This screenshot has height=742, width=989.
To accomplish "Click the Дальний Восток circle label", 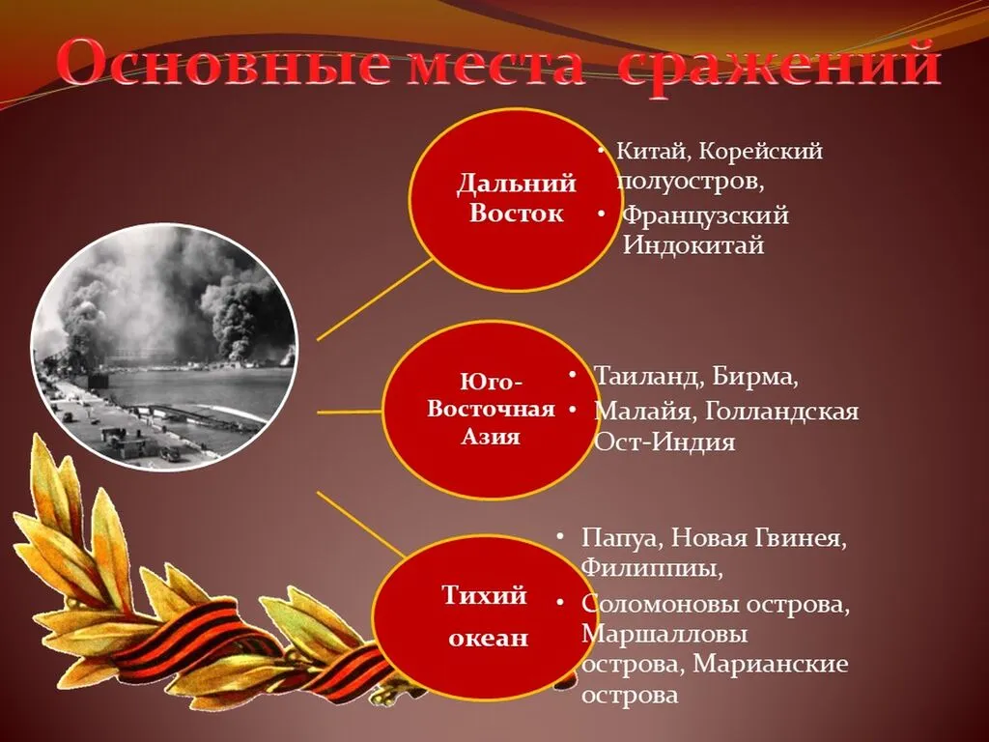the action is point(516,198).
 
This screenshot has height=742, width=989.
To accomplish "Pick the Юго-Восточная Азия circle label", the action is point(491,409).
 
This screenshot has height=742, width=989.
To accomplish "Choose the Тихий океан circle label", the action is point(486,615).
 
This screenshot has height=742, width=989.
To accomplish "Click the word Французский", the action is point(706,215).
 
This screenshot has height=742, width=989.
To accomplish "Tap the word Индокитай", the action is point(693,244).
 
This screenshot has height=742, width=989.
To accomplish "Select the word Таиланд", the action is point(649,377).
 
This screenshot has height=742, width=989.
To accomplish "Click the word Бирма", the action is point(755,377).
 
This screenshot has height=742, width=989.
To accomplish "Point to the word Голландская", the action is point(781,412).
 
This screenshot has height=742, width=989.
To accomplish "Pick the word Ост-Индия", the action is point(664,442).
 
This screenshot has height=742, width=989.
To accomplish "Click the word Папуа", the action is point(621,538).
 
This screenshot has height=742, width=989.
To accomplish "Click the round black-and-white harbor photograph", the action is point(162,346).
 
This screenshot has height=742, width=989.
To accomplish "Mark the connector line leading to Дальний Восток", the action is point(375,300).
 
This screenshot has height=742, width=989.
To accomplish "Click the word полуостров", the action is point(691,183).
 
